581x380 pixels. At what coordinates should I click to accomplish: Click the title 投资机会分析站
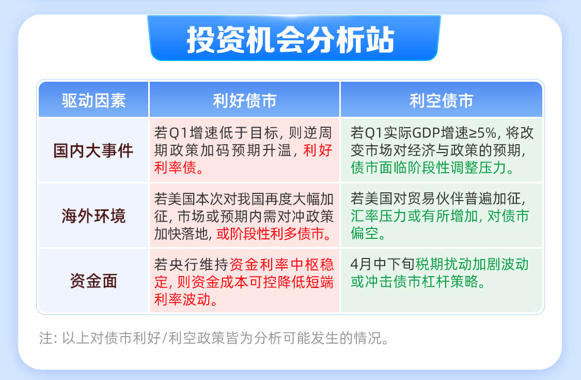(x=290, y=40)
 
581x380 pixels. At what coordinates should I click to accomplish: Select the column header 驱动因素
(x=94, y=101)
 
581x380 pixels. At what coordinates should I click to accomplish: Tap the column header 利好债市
(x=245, y=101)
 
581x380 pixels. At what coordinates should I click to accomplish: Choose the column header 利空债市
(x=442, y=101)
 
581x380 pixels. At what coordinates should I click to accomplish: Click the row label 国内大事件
(x=93, y=150)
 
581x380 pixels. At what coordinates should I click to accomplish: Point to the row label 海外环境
(x=94, y=216)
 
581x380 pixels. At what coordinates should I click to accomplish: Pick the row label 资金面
(x=94, y=281)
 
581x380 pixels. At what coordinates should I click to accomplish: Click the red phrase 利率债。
(x=179, y=168)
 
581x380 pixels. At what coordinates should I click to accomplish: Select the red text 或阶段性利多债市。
(x=274, y=234)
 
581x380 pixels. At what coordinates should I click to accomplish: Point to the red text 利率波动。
(x=186, y=299)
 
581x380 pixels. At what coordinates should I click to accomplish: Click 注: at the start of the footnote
(x=48, y=338)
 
